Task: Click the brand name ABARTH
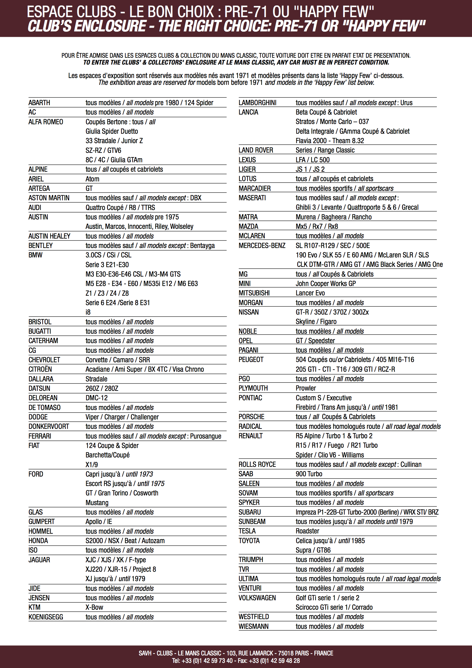pos(39,103)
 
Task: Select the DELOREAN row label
pos(43,398)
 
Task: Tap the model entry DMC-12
pos(97,398)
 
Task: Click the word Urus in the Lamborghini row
pos(406,103)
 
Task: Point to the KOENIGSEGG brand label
pos(46,617)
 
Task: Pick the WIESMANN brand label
pos(254,626)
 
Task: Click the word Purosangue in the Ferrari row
pos(206,436)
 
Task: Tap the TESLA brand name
pos(247,531)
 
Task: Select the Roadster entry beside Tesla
pos(308,531)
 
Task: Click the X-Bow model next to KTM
pos(94,607)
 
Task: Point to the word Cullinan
pos(411,464)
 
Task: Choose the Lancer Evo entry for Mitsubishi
pos(310,293)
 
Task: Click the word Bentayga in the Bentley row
pos(202,245)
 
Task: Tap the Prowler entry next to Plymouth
pos(306,388)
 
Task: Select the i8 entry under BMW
pos(88,312)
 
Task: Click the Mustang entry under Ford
pos(97,503)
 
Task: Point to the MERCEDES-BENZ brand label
pos(262,245)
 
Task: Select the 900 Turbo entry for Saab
pos(309,474)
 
